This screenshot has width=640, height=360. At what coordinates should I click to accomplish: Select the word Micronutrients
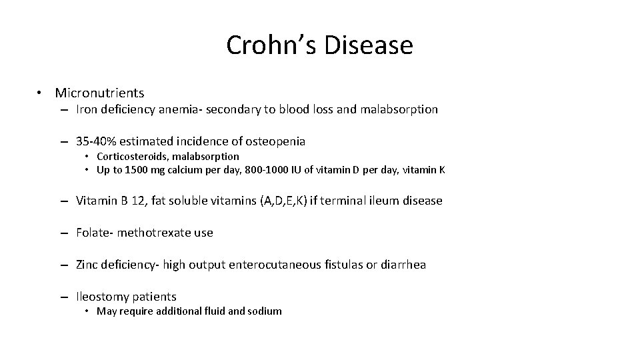click(x=99, y=93)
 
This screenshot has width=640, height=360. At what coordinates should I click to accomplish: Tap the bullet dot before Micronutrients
click(x=41, y=93)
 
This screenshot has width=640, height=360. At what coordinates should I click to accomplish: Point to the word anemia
click(x=174, y=109)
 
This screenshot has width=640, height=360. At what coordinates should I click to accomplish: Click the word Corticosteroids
click(x=131, y=156)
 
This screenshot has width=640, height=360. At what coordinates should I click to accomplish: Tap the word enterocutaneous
click(x=280, y=265)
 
